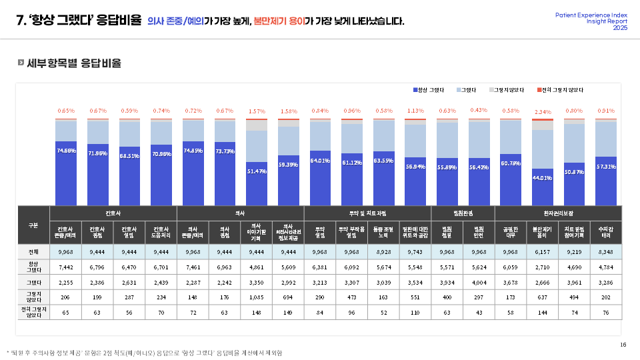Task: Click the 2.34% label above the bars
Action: (542, 112)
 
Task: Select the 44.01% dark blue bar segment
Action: (542, 187)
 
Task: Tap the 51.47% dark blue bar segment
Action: (257, 183)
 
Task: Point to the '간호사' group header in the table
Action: (113, 213)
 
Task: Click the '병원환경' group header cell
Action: (463, 213)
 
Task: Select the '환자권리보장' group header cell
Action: (557, 213)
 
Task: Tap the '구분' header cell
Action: (33, 225)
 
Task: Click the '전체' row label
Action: (33, 252)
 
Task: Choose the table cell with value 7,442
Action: (65, 267)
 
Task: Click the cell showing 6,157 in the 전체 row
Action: (542, 252)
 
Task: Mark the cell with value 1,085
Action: (257, 297)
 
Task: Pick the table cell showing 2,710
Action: (542, 267)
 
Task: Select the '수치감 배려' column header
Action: (606, 232)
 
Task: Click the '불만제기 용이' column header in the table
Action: (542, 232)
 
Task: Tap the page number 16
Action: (623, 345)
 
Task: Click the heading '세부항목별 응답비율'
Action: (73, 63)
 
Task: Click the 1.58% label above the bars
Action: (289, 111)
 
